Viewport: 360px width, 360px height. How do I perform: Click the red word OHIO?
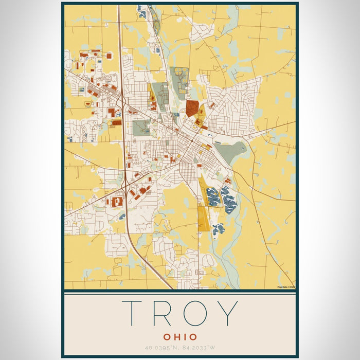coord(180,337)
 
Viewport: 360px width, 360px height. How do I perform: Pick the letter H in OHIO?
coord(175,337)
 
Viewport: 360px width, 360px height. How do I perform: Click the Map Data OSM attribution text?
coord(285,287)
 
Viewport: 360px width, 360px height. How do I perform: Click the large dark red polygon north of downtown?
coord(192,108)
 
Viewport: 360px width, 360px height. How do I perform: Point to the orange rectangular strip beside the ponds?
coord(203,219)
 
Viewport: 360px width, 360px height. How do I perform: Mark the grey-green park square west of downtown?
coord(141,127)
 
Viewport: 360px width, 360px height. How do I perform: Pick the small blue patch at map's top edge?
coord(142,11)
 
